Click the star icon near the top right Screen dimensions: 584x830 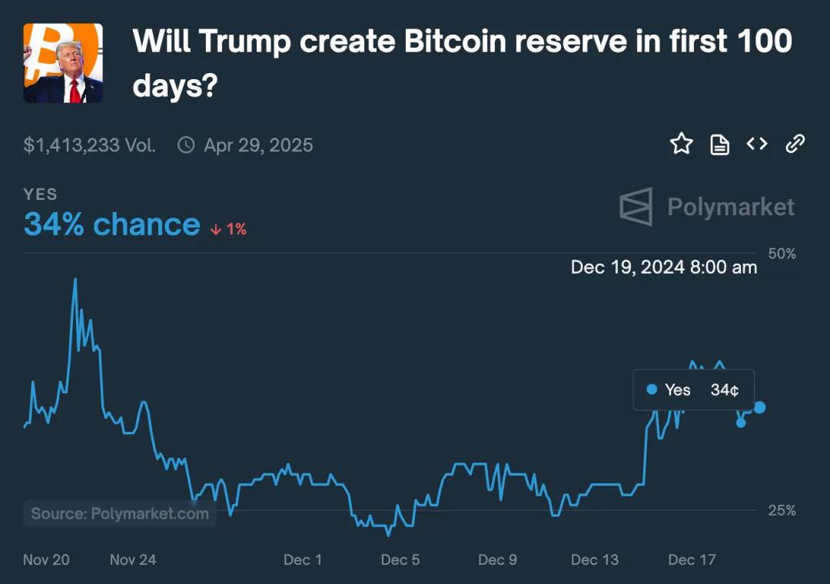tap(682, 144)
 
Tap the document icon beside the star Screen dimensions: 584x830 tap(719, 144)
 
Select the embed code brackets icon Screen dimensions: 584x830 tap(757, 144)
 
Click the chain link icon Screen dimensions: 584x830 tap(795, 144)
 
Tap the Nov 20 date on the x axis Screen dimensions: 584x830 tap(46, 559)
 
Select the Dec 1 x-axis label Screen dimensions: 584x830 tap(303, 559)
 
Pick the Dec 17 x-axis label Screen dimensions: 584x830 tap(692, 559)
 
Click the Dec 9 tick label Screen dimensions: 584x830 tap(497, 559)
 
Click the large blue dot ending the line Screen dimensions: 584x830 tap(759, 407)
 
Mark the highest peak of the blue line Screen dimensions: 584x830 tap(75, 279)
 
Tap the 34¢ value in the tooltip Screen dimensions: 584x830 tap(725, 390)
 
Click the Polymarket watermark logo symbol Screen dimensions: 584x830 tap(636, 207)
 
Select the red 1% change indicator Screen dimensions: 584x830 tap(229, 228)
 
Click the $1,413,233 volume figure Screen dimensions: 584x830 tap(89, 145)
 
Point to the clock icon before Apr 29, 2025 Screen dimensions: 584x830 tap(186, 144)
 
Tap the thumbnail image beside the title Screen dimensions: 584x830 tap(63, 63)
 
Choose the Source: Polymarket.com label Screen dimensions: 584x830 tap(120, 513)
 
